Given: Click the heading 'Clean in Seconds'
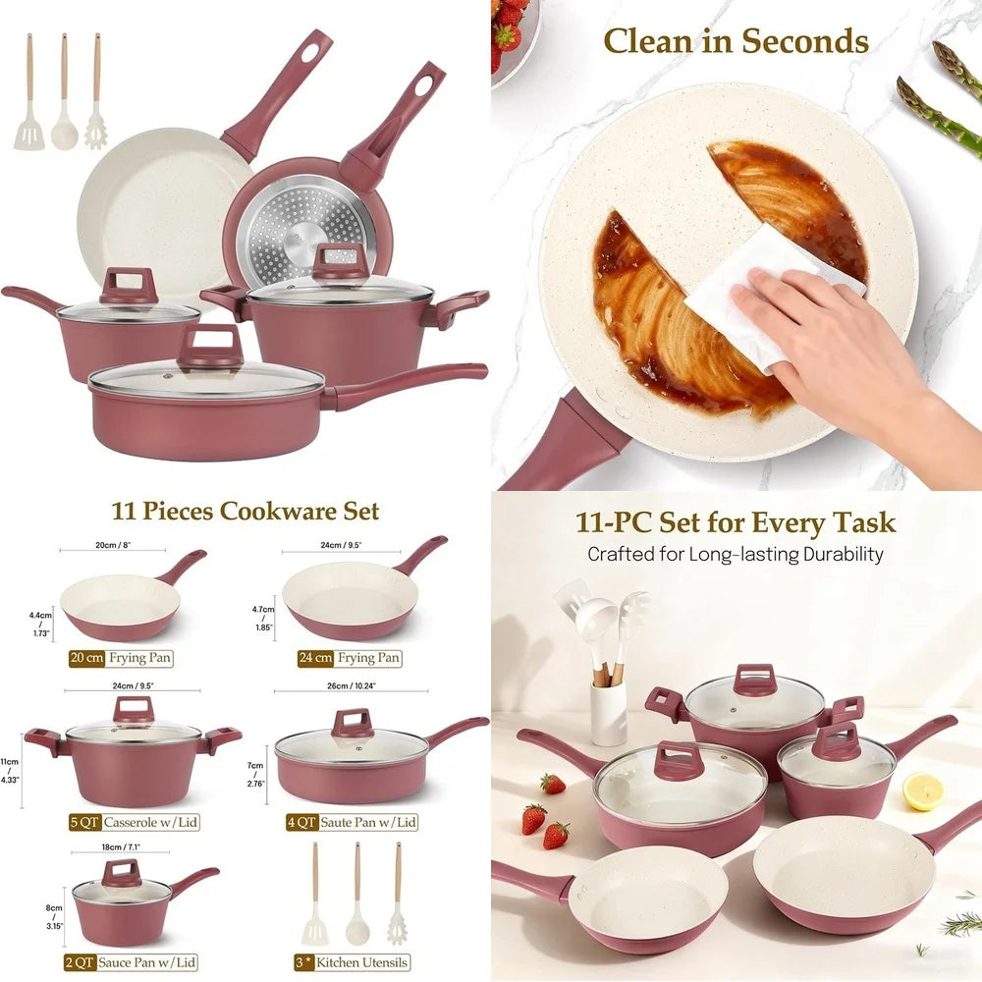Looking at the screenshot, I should pyautogui.click(x=736, y=41).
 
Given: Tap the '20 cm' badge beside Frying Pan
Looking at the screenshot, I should pyautogui.click(x=87, y=658).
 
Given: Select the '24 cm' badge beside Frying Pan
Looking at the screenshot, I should pyautogui.click(x=314, y=658).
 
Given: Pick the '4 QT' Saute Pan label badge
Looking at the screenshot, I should pyautogui.click(x=302, y=823).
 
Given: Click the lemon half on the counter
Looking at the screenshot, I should pyautogui.click(x=922, y=791).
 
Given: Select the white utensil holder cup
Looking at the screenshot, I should pyautogui.click(x=609, y=712).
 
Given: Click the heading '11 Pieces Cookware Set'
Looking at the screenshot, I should pyautogui.click(x=245, y=512).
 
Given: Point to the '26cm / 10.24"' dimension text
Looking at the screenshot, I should pyautogui.click(x=355, y=684).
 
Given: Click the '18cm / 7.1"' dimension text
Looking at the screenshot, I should pyautogui.click(x=121, y=846).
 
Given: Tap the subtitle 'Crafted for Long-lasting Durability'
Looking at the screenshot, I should pyautogui.click(x=736, y=554).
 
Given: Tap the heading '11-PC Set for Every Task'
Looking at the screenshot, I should pyautogui.click(x=736, y=521).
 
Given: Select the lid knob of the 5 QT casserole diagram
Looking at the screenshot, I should pyautogui.click(x=133, y=708).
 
